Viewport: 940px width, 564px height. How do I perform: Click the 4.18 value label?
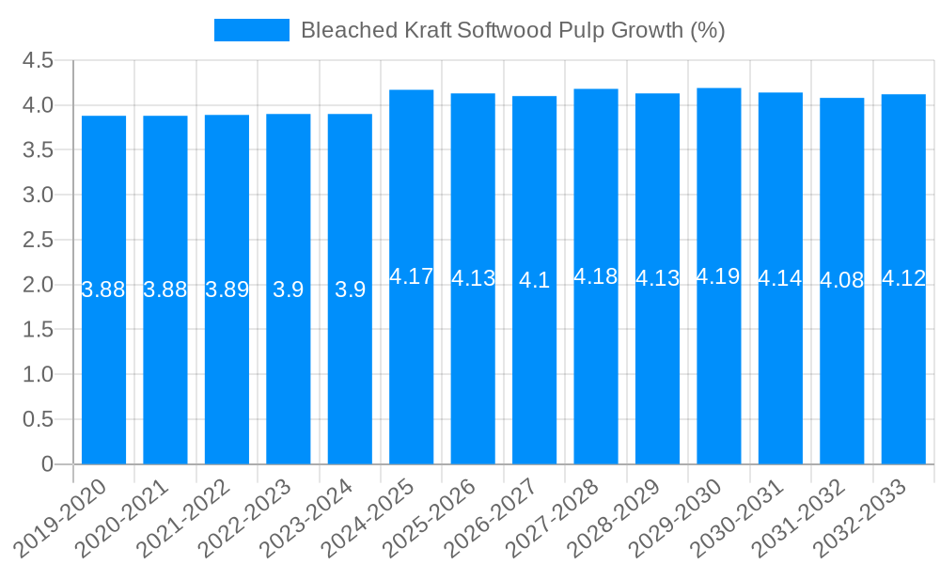[x=596, y=276]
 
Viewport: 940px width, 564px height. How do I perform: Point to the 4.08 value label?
[x=842, y=280]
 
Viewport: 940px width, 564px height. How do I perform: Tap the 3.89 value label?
[x=227, y=290]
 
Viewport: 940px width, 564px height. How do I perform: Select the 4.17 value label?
[x=411, y=276]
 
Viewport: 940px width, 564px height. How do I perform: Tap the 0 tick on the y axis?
[x=48, y=464]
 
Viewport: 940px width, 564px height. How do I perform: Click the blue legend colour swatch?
[x=252, y=30]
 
